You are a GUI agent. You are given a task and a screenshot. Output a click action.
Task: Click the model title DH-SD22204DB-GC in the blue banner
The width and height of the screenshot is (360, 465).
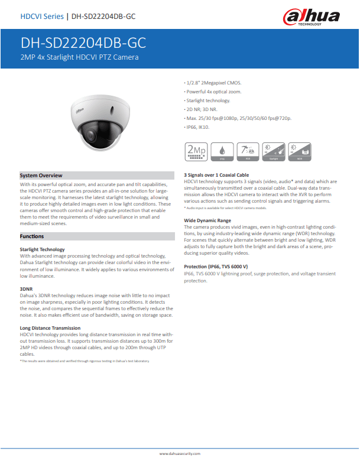point(83,43)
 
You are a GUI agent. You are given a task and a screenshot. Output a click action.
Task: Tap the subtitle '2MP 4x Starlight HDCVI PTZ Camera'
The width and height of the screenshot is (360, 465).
point(79,57)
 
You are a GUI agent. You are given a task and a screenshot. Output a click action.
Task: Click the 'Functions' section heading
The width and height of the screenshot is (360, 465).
point(31,236)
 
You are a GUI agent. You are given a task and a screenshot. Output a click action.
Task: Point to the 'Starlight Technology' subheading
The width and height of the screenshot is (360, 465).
point(42,250)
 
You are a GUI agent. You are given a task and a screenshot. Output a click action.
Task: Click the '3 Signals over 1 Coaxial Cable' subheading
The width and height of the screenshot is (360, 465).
point(216,175)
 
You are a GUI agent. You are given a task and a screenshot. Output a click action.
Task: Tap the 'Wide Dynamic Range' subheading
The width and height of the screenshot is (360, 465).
point(207,220)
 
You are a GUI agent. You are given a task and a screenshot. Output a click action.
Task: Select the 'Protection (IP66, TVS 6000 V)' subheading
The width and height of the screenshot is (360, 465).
point(216,267)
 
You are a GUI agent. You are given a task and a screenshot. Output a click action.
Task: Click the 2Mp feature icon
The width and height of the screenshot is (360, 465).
point(196,152)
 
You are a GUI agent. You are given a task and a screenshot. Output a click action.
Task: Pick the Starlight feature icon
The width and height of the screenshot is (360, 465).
point(273,152)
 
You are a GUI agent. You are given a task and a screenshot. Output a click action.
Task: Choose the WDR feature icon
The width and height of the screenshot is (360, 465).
point(299,152)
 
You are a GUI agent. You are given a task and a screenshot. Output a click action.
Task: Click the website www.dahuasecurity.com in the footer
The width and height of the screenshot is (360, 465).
point(180,453)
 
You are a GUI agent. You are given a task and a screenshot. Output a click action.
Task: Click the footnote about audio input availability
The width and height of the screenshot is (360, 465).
point(225,208)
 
